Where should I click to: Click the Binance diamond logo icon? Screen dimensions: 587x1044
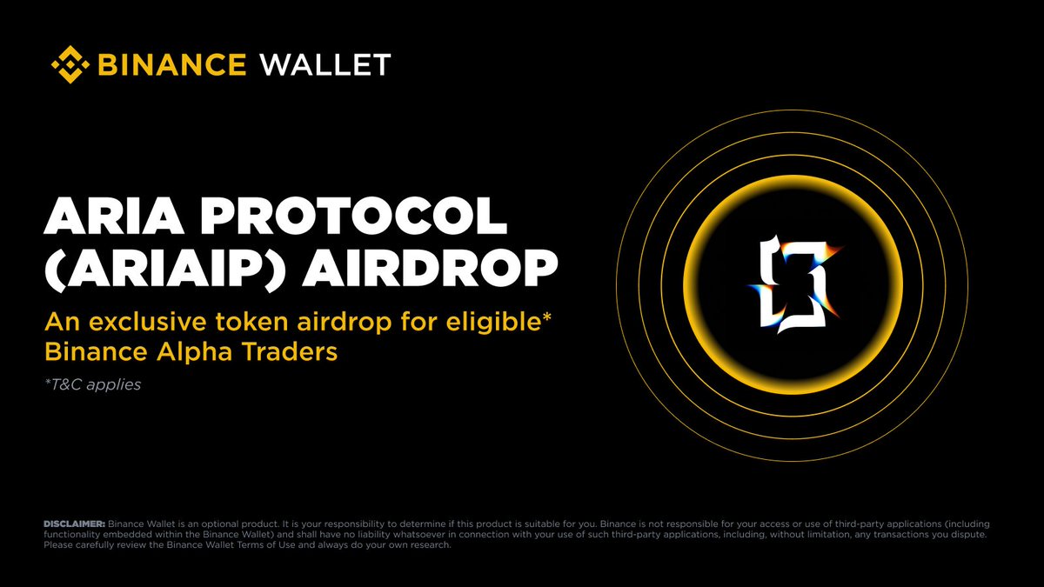tap(70, 64)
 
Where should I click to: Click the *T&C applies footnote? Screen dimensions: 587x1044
tap(91, 384)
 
